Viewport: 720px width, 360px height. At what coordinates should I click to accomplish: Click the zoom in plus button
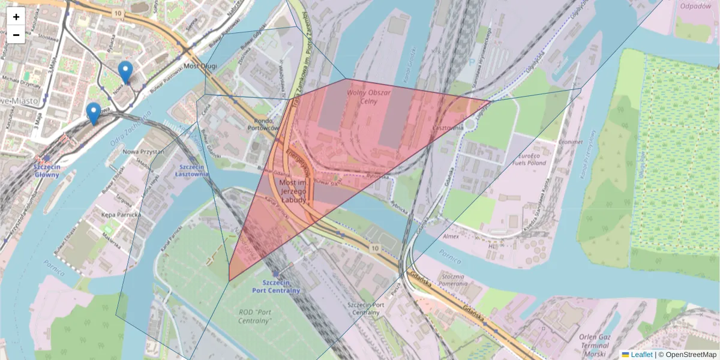coord(16,17)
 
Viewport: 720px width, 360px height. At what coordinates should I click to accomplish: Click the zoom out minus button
coord(16,35)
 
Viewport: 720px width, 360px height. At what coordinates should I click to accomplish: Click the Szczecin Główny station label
coord(47,170)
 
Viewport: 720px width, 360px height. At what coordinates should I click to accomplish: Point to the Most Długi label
coord(199,66)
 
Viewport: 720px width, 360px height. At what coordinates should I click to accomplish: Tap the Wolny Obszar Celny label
coord(369,97)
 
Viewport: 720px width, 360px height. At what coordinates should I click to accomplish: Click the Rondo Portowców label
coord(263,123)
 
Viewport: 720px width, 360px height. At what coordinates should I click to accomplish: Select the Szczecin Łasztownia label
coord(191,170)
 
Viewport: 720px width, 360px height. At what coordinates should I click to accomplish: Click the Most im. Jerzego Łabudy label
coord(293,190)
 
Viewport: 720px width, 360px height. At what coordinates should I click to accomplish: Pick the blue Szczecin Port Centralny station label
coord(276,286)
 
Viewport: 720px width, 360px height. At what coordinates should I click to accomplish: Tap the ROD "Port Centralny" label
coord(254,316)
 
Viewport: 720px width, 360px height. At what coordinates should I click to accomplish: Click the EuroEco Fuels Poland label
coord(529,159)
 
